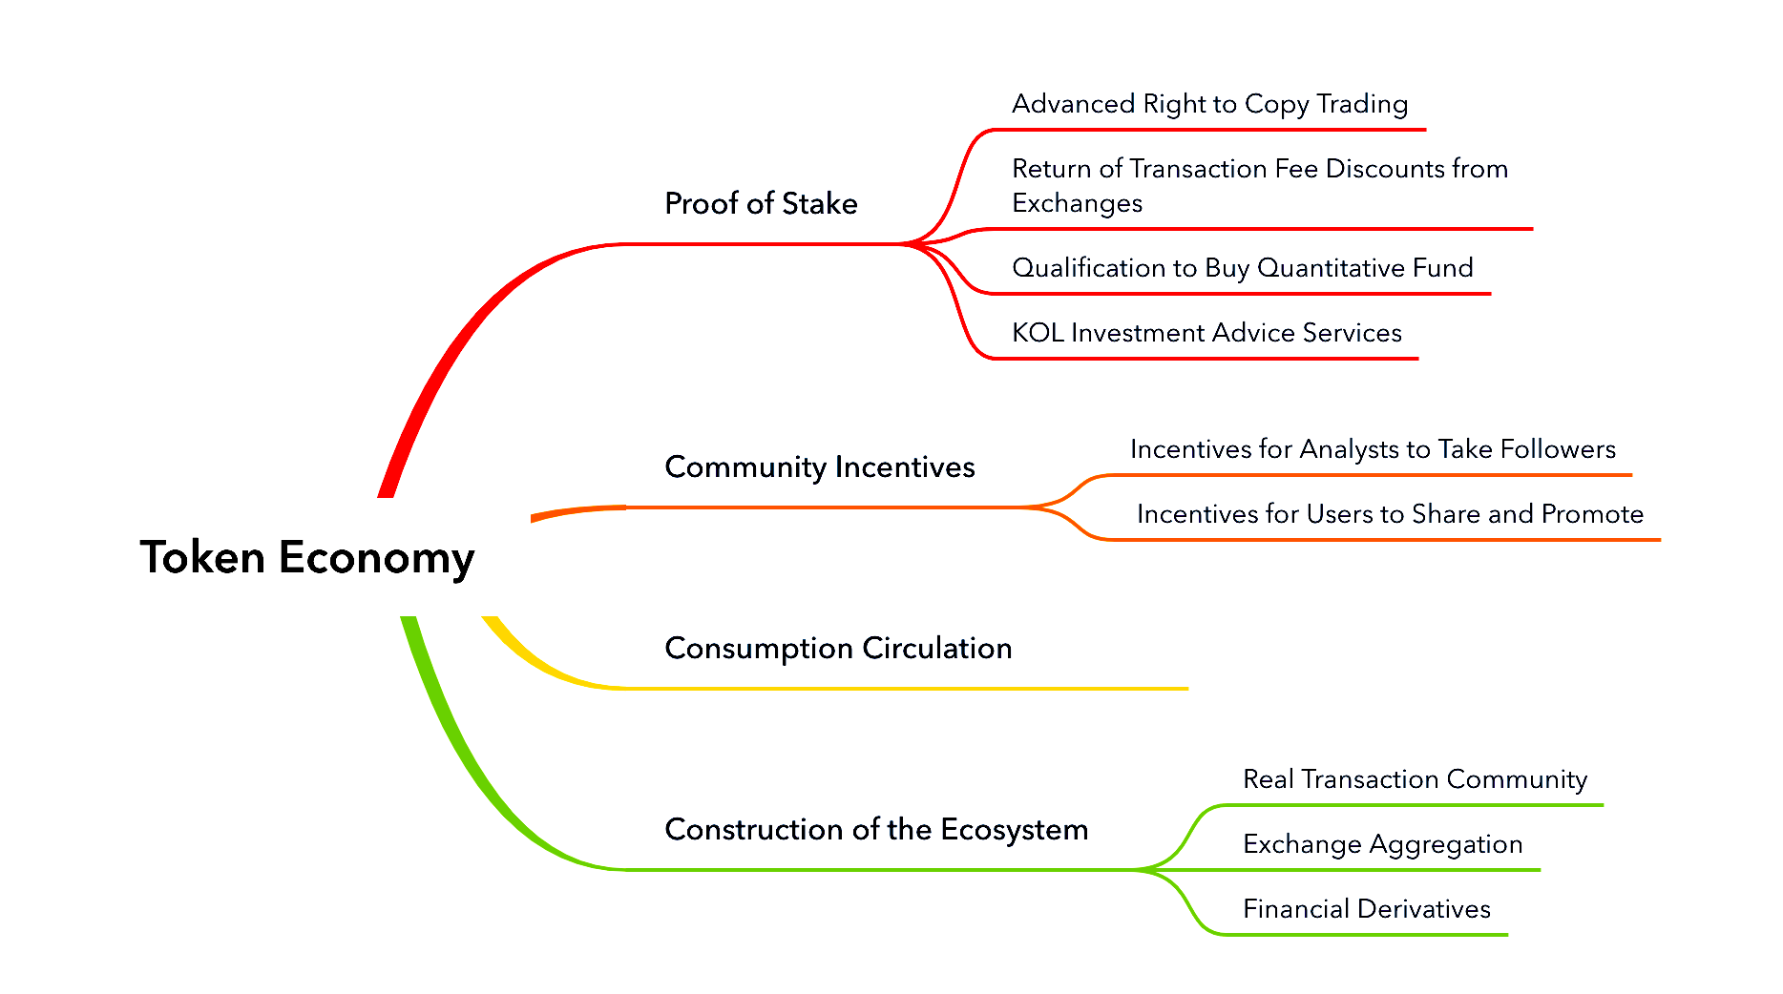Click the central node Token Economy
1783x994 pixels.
click(306, 558)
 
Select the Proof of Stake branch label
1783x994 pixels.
click(761, 203)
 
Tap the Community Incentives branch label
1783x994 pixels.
click(819, 466)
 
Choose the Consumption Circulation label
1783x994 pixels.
click(838, 648)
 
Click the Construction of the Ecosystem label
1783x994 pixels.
click(876, 829)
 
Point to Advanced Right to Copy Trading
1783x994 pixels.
click(1209, 104)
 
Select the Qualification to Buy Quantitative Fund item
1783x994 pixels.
click(1242, 268)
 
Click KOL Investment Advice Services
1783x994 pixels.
click(1206, 333)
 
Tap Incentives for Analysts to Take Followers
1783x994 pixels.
click(1373, 449)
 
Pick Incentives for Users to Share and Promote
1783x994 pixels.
click(1390, 514)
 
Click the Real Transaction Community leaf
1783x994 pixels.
click(1415, 779)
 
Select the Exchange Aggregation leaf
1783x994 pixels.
click(1382, 844)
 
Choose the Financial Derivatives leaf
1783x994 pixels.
click(1366, 909)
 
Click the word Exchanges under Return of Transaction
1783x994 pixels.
click(1077, 203)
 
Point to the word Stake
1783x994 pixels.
click(819, 203)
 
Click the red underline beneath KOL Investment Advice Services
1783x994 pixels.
click(1205, 359)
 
